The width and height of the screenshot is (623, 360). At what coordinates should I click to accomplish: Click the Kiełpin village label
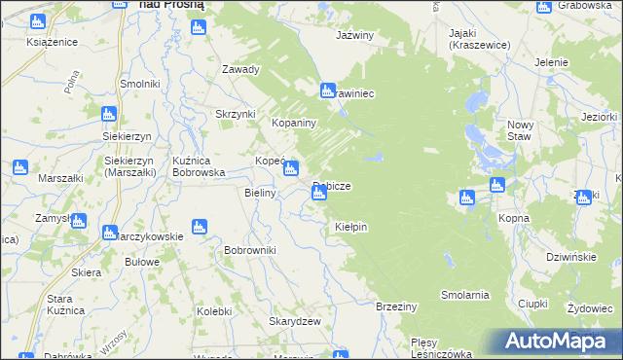[350, 227]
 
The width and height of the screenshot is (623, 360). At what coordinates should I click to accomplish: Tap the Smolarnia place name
[464, 294]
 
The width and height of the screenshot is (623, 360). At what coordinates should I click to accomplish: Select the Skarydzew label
[295, 322]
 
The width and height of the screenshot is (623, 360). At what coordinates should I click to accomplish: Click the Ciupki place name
[534, 304]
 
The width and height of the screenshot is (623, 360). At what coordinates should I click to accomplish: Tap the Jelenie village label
[551, 62]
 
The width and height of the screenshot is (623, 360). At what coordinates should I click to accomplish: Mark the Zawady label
[240, 70]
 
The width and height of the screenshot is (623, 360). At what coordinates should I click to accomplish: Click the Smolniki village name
[139, 84]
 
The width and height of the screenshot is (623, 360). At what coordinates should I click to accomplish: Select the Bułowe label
[142, 262]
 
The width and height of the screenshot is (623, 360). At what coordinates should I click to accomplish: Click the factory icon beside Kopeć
[290, 170]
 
